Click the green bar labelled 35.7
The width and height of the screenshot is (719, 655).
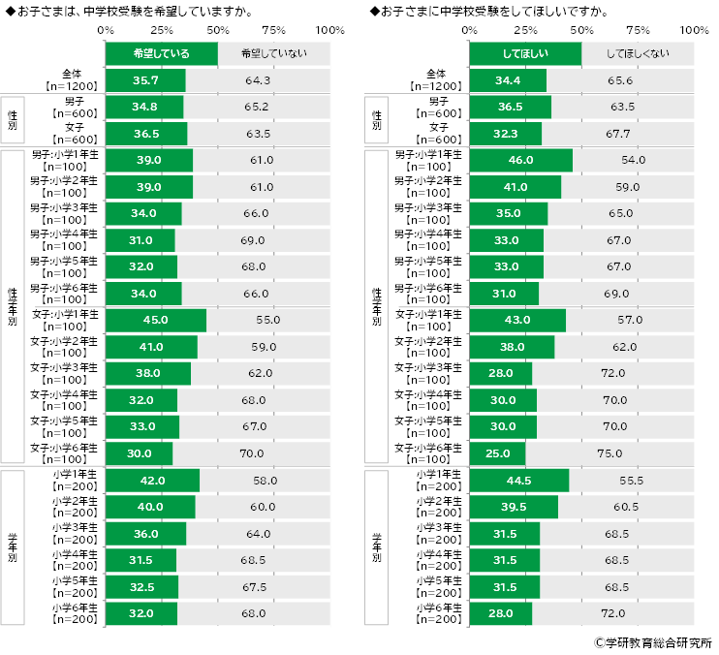144,80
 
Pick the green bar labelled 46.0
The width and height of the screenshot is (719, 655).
520,160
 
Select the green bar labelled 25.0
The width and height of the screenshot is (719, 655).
497,452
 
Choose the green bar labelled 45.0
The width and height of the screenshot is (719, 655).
155,320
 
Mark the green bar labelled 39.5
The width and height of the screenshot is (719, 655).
514,507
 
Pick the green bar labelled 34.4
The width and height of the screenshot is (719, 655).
507,80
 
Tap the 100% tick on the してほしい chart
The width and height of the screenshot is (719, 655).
694,30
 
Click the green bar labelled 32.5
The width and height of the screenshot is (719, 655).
141,587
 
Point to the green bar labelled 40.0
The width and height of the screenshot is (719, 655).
150,507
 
